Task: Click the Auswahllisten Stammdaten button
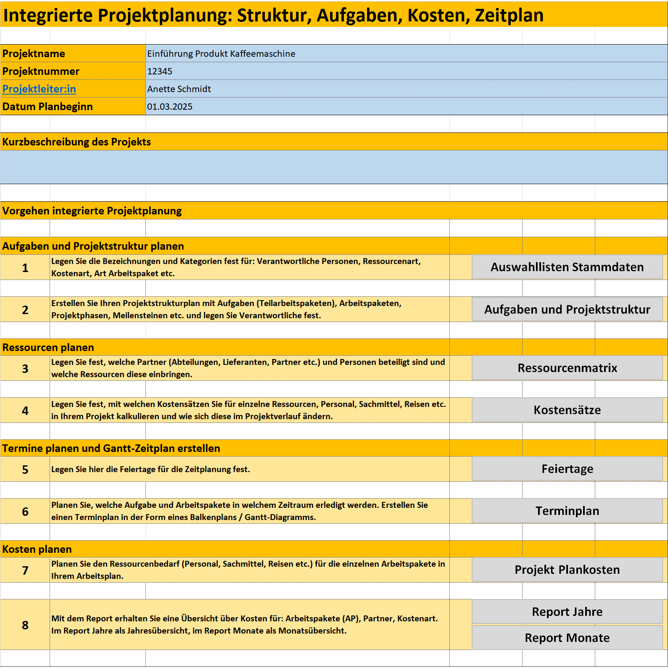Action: coord(567,267)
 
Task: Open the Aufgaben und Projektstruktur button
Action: coord(567,309)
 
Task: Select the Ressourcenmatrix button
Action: coord(567,368)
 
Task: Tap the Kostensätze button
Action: coord(567,410)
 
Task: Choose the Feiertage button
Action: coord(567,469)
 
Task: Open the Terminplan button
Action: coord(567,511)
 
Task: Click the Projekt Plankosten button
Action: coord(567,570)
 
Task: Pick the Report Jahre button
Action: coord(567,612)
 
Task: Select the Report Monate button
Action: coord(567,638)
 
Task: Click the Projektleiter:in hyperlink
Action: coord(39,89)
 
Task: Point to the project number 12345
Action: coord(160,71)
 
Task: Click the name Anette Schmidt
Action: coord(179,89)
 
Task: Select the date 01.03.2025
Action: coord(170,107)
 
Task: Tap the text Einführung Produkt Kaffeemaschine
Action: coord(221,54)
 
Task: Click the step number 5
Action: coord(25,470)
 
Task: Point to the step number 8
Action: coord(25,625)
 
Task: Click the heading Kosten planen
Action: coord(37,549)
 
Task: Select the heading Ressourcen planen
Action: coord(48,348)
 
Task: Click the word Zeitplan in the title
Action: coord(509,15)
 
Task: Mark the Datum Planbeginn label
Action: coord(48,107)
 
